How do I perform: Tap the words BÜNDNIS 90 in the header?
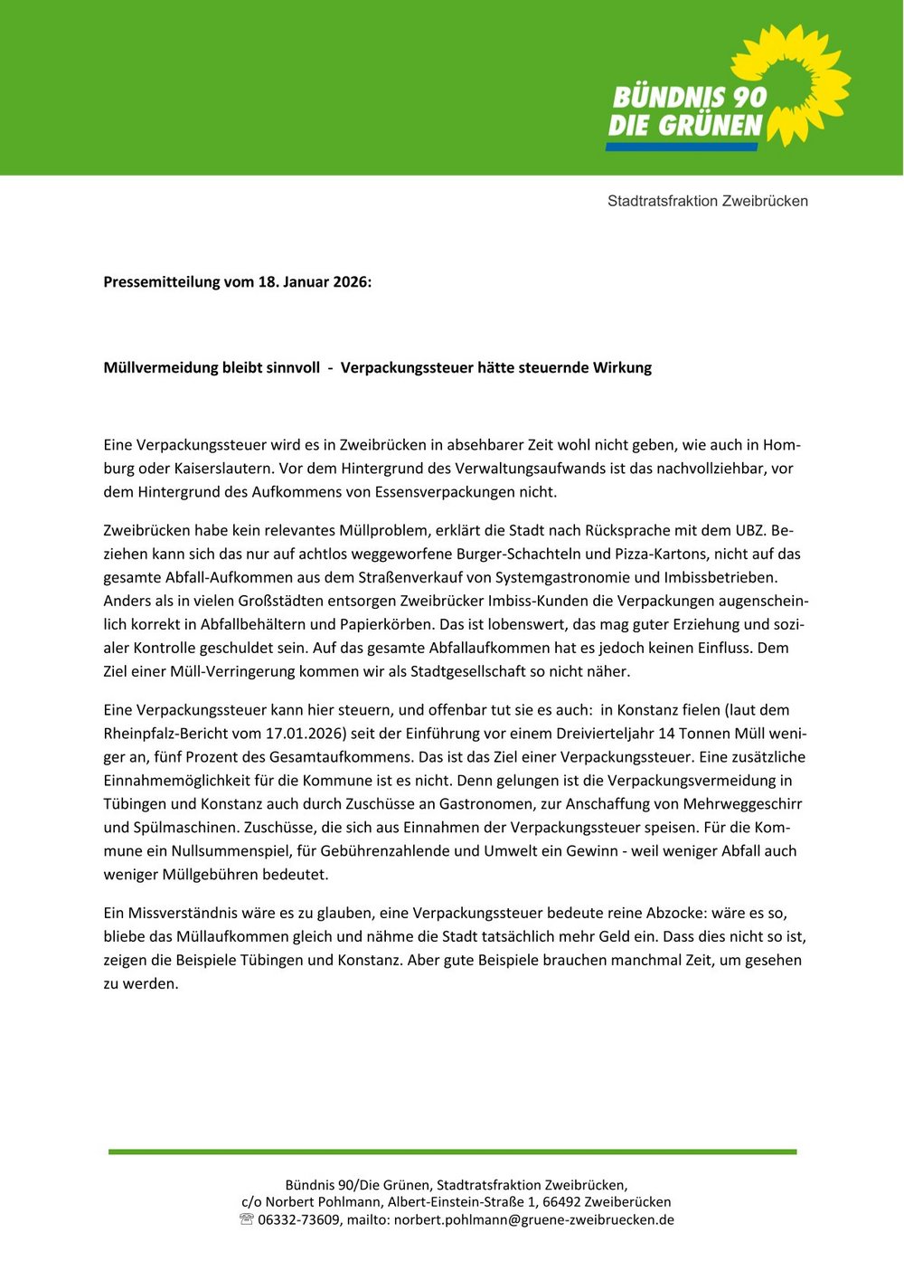tap(690, 97)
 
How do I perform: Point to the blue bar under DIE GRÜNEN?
tap(682, 147)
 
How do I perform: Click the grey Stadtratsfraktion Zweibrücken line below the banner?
tap(708, 201)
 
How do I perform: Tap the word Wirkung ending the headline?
tap(622, 368)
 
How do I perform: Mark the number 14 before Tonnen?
tap(666, 734)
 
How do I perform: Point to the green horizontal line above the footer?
tap(452, 1152)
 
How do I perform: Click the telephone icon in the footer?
tap(247, 1219)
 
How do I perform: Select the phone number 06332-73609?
tap(299, 1220)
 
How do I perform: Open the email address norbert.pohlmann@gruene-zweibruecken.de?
tap(533, 1220)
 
